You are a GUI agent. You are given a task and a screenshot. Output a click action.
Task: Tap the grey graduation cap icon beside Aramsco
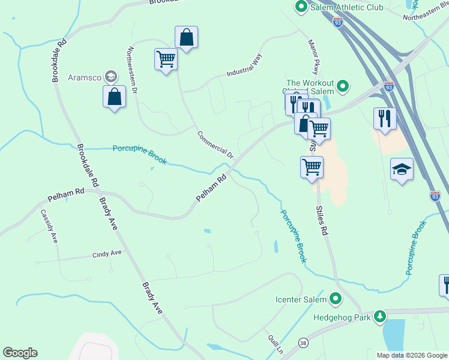[110, 76]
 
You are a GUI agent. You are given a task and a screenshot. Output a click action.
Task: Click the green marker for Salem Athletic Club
[300, 7]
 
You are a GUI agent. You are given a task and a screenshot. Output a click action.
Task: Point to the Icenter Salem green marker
[336, 299]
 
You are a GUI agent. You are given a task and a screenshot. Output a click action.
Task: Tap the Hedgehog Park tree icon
[379, 316]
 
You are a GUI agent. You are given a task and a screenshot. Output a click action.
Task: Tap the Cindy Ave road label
[107, 254]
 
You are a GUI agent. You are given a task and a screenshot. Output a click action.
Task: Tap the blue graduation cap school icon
[402, 170]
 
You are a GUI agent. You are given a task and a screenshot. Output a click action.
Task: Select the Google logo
[20, 353]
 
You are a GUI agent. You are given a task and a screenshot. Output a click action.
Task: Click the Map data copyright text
[412, 355]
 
